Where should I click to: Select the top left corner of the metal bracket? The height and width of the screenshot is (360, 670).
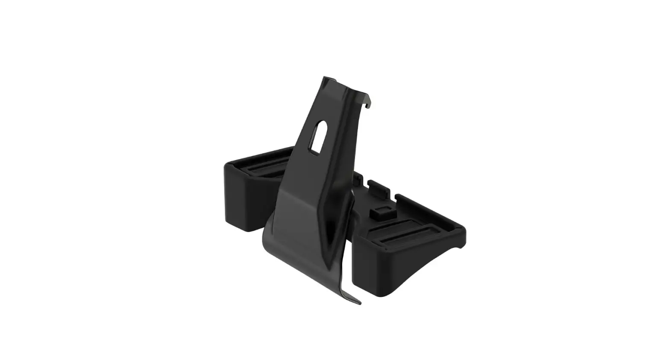323,78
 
